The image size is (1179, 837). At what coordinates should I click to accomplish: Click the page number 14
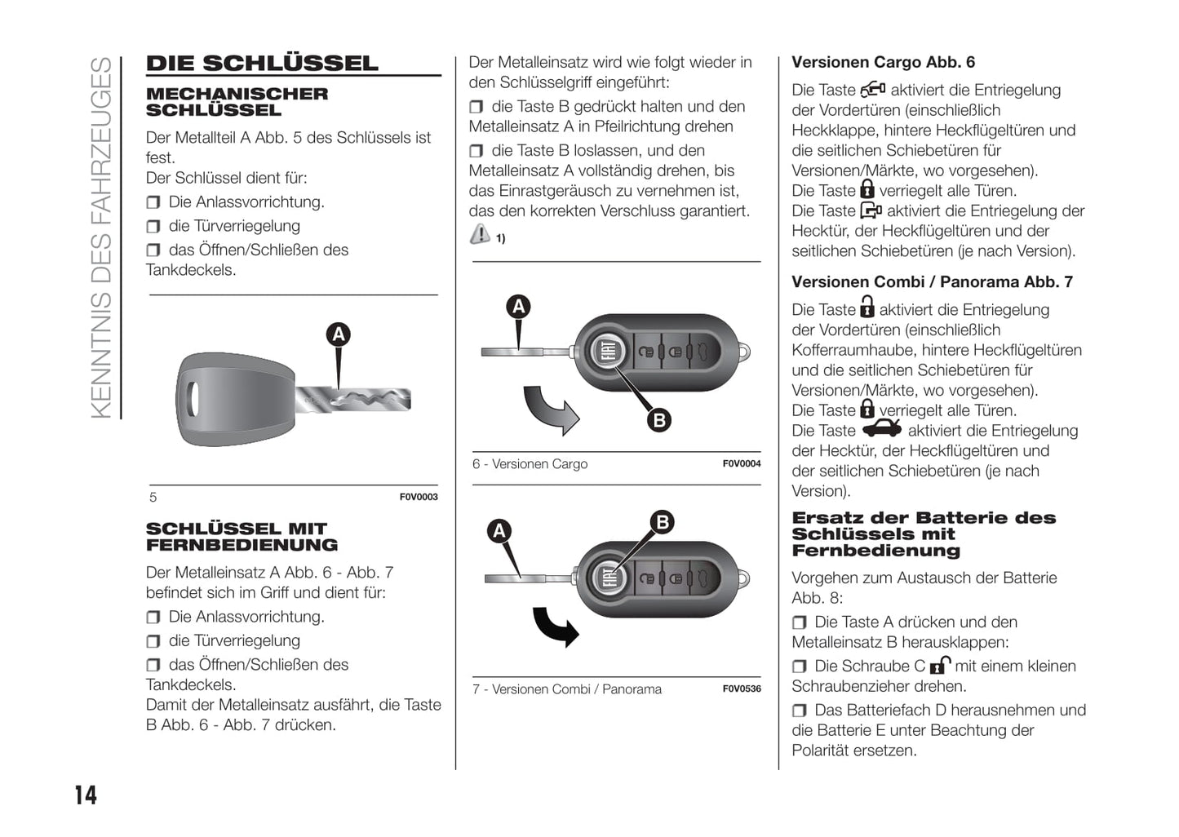86,795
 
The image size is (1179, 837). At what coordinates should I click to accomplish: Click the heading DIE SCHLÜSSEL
262,64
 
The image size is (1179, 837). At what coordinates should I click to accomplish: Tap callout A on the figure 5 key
338,334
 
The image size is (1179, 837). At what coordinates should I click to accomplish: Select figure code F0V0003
419,497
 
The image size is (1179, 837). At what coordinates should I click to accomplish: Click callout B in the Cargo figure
658,420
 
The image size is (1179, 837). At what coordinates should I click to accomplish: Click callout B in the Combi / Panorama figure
662,522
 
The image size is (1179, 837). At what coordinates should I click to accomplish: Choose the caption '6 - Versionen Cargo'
530,464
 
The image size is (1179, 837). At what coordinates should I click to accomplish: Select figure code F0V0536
742,689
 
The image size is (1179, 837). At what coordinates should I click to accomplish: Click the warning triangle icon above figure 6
480,235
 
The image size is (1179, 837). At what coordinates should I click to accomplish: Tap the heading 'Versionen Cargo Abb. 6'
883,63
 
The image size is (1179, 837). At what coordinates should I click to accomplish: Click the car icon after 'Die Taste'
882,429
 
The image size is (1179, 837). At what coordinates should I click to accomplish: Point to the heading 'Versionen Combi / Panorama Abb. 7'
932,282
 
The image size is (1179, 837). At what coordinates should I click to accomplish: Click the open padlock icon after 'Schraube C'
940,665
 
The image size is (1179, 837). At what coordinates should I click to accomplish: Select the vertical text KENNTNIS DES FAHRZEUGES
101,237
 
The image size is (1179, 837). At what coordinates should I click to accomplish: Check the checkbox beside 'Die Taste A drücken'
800,622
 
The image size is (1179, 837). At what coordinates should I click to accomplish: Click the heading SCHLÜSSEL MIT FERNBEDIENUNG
242,537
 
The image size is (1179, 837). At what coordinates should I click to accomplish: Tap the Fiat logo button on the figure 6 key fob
608,352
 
